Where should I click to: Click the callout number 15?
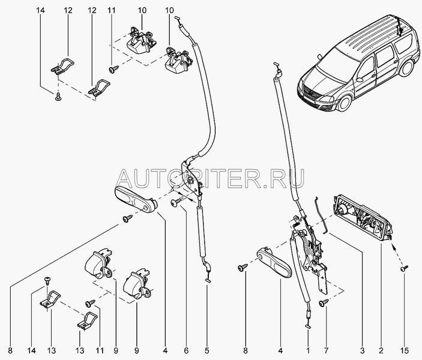tap(404, 350)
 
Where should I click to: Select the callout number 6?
tap(186, 350)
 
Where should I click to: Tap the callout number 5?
tap(206, 350)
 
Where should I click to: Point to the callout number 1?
tap(308, 350)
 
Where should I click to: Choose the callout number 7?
tap(326, 350)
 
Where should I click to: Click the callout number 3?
tap(362, 350)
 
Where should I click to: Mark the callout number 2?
tap(381, 350)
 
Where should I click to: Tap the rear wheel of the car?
tap(406, 68)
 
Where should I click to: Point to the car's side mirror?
tap(359, 80)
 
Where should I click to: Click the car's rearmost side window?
tap(404, 44)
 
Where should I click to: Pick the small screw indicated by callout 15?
tap(404, 268)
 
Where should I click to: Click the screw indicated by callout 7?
tap(323, 303)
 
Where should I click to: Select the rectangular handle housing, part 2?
tap(362, 218)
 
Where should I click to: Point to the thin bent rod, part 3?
tap(321, 215)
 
